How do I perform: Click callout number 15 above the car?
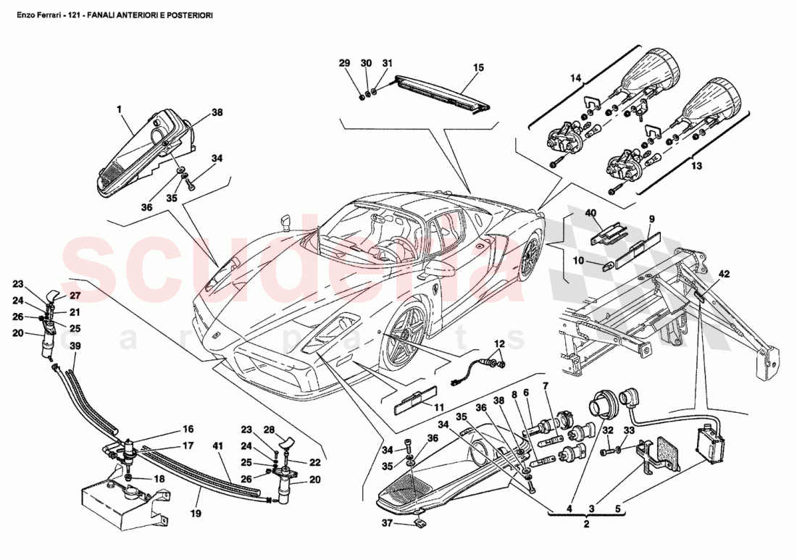(x=478, y=67)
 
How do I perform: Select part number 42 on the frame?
(x=724, y=275)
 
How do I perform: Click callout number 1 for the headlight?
(x=119, y=109)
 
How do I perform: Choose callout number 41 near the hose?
(x=217, y=446)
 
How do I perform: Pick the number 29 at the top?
(x=344, y=64)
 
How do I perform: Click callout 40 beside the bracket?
(x=591, y=213)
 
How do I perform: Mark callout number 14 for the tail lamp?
(x=576, y=78)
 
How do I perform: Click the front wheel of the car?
(x=401, y=336)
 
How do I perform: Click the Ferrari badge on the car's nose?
(x=215, y=335)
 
